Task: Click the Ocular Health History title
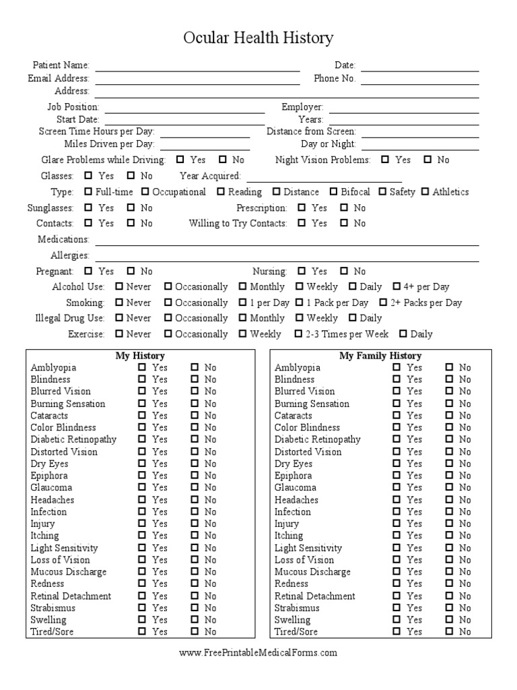point(258,38)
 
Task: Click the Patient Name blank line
point(197,69)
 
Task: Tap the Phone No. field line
point(419,84)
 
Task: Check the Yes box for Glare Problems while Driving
point(180,160)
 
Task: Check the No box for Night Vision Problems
point(427,160)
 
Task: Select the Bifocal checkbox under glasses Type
point(333,191)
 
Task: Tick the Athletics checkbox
point(425,191)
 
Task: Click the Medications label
point(63,239)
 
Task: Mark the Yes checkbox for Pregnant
point(89,271)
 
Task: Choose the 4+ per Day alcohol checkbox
point(397,286)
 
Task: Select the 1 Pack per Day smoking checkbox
point(300,303)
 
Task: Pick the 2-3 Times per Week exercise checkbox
point(298,334)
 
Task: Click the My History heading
point(140,355)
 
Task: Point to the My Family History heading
point(380,355)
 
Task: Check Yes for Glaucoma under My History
point(142,487)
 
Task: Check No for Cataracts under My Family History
point(449,416)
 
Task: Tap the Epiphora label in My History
point(48,476)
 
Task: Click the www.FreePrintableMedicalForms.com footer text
point(258,652)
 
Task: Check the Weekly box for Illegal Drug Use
point(300,318)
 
